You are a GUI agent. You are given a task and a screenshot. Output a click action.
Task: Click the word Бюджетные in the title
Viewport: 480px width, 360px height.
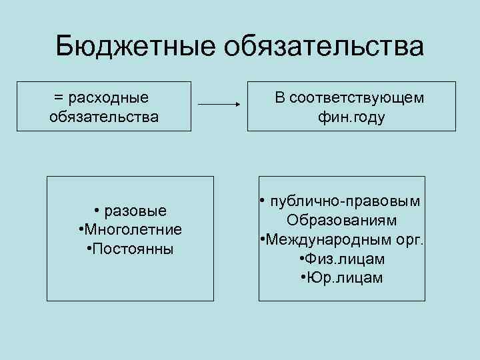point(135,47)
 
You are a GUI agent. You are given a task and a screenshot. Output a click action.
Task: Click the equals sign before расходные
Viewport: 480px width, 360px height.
point(58,98)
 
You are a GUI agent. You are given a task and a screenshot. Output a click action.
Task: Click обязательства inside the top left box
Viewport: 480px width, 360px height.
point(104,117)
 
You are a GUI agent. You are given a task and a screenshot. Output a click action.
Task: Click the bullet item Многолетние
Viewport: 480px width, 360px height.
point(133,230)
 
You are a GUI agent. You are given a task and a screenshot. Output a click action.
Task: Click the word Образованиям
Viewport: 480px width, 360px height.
point(341,220)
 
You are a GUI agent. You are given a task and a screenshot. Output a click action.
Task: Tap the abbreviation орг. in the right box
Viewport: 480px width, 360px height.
point(408,239)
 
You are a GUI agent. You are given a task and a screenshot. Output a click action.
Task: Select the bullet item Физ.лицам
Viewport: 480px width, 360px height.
point(345,258)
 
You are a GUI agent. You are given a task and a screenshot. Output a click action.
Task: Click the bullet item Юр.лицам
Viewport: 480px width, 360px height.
point(345,277)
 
